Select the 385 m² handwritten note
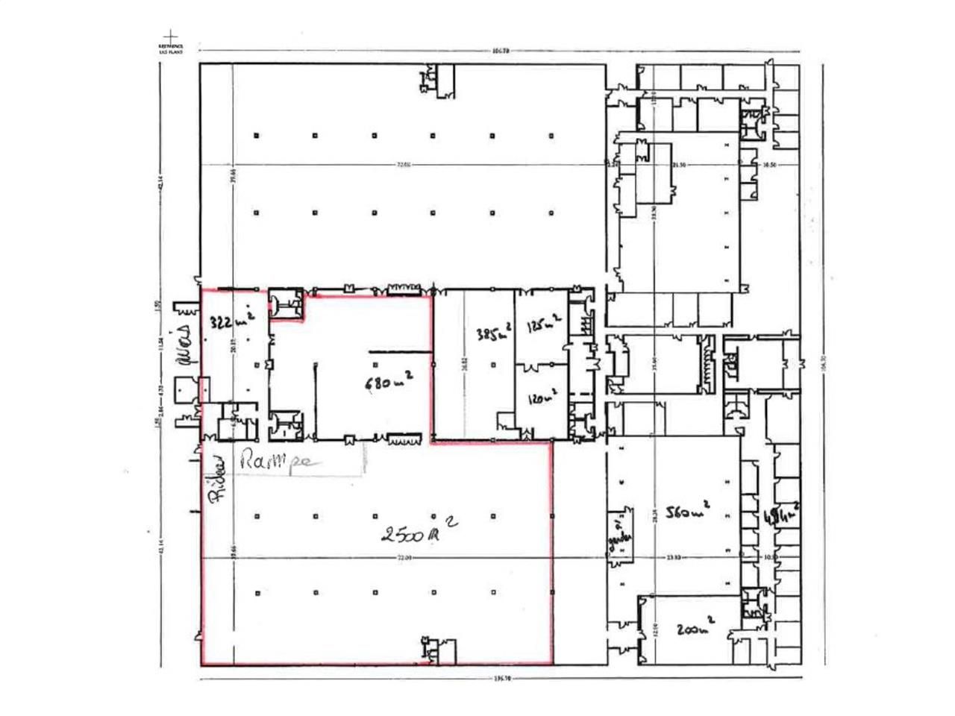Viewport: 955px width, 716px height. (492, 330)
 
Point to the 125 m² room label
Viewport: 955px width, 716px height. (543, 326)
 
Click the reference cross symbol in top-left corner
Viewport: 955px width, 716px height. (171, 36)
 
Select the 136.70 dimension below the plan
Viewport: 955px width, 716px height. (502, 679)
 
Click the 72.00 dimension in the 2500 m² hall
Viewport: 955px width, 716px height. (404, 557)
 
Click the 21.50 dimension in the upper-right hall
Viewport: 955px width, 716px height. (678, 165)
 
